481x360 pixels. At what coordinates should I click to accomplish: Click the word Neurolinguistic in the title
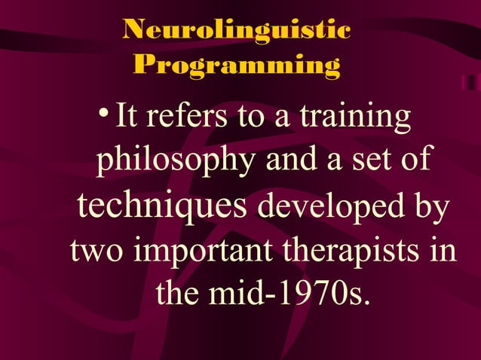click(x=237, y=31)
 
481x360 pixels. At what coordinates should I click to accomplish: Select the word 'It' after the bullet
click(x=124, y=119)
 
